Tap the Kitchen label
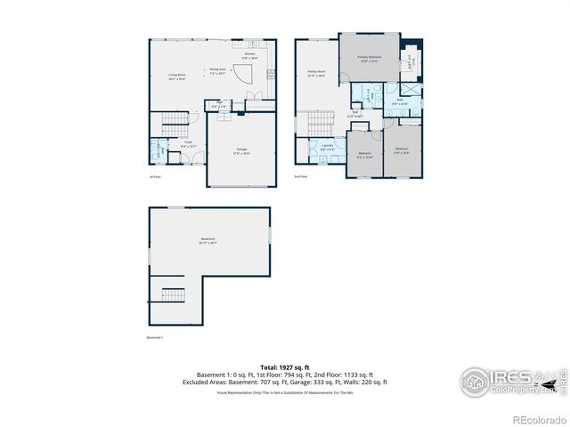(250, 54)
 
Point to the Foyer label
(188, 142)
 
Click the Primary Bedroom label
(370, 59)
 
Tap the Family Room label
(315, 72)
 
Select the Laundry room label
(327, 148)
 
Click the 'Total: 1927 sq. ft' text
(284, 367)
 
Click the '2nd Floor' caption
(301, 176)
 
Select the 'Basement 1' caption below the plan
(155, 338)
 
